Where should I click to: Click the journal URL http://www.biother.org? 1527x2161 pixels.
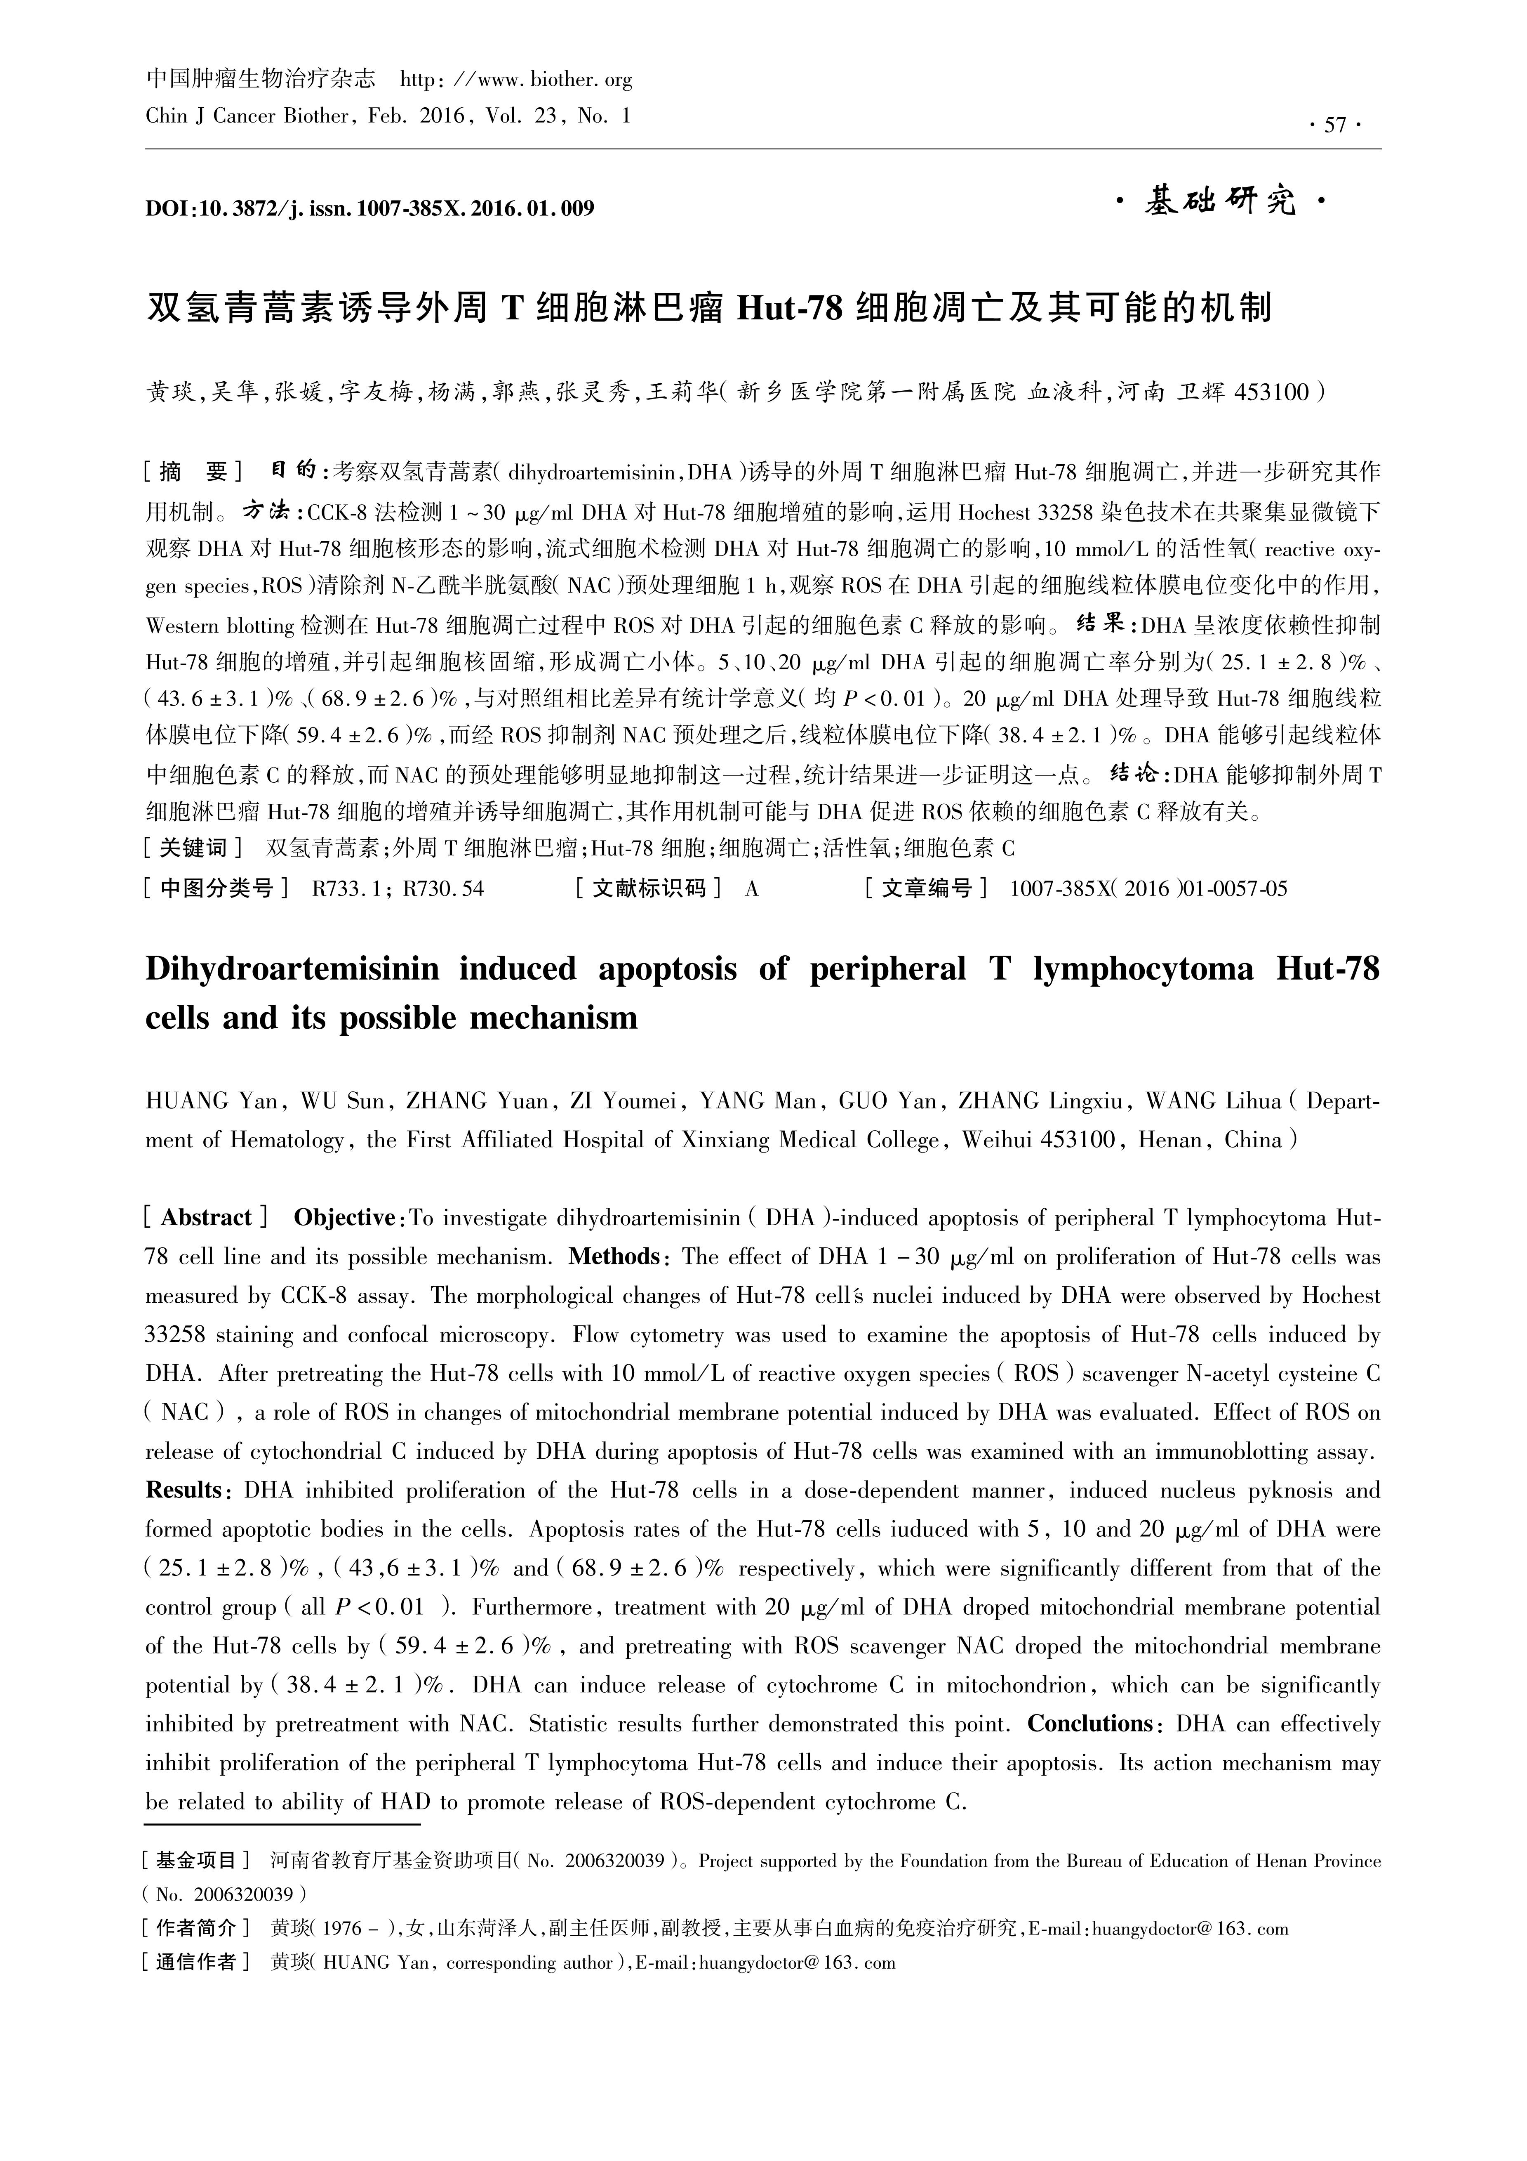(x=517, y=80)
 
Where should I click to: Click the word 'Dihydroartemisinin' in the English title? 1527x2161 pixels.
(x=293, y=969)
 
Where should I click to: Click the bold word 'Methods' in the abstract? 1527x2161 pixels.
(x=614, y=1256)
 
